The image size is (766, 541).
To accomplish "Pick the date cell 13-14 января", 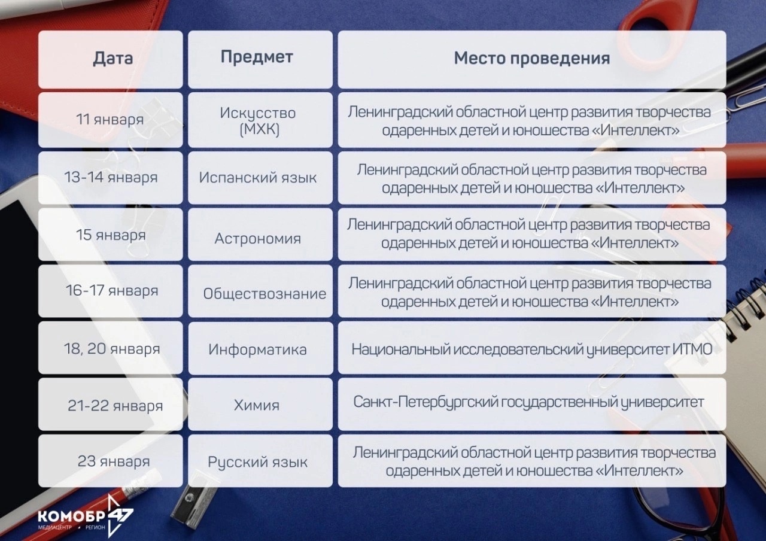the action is (111, 177).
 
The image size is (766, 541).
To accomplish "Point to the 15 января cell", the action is (111, 235).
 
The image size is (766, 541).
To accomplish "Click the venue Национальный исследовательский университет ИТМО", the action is (532, 349).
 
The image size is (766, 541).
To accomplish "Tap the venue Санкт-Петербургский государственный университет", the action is (528, 402).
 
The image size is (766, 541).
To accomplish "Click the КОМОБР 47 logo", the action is (86, 516).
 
